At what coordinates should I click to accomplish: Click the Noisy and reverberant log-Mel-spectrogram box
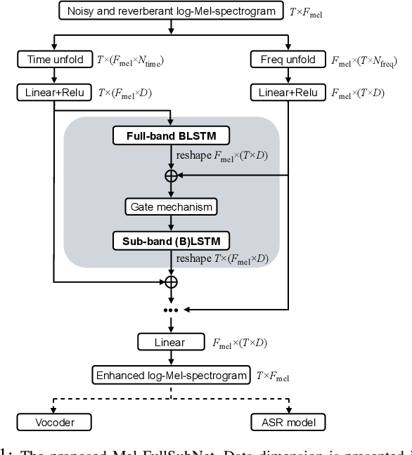pyautogui.click(x=170, y=11)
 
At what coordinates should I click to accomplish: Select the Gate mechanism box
pyautogui.click(x=170, y=207)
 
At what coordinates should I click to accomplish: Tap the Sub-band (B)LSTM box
pyautogui.click(x=170, y=239)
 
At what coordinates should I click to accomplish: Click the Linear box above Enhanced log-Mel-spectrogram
pyautogui.click(x=170, y=343)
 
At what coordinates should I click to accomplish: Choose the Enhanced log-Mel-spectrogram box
pyautogui.click(x=170, y=376)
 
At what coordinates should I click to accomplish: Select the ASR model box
pyautogui.click(x=289, y=422)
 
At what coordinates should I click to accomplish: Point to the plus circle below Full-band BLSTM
pyautogui.click(x=170, y=176)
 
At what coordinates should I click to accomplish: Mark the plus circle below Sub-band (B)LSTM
pyautogui.click(x=170, y=282)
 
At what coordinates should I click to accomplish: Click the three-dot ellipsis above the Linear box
pyautogui.click(x=170, y=310)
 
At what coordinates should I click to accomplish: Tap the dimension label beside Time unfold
pyautogui.click(x=139, y=62)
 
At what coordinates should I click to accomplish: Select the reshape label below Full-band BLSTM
pyautogui.click(x=220, y=154)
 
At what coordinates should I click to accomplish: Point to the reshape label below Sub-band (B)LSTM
pyautogui.click(x=220, y=259)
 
